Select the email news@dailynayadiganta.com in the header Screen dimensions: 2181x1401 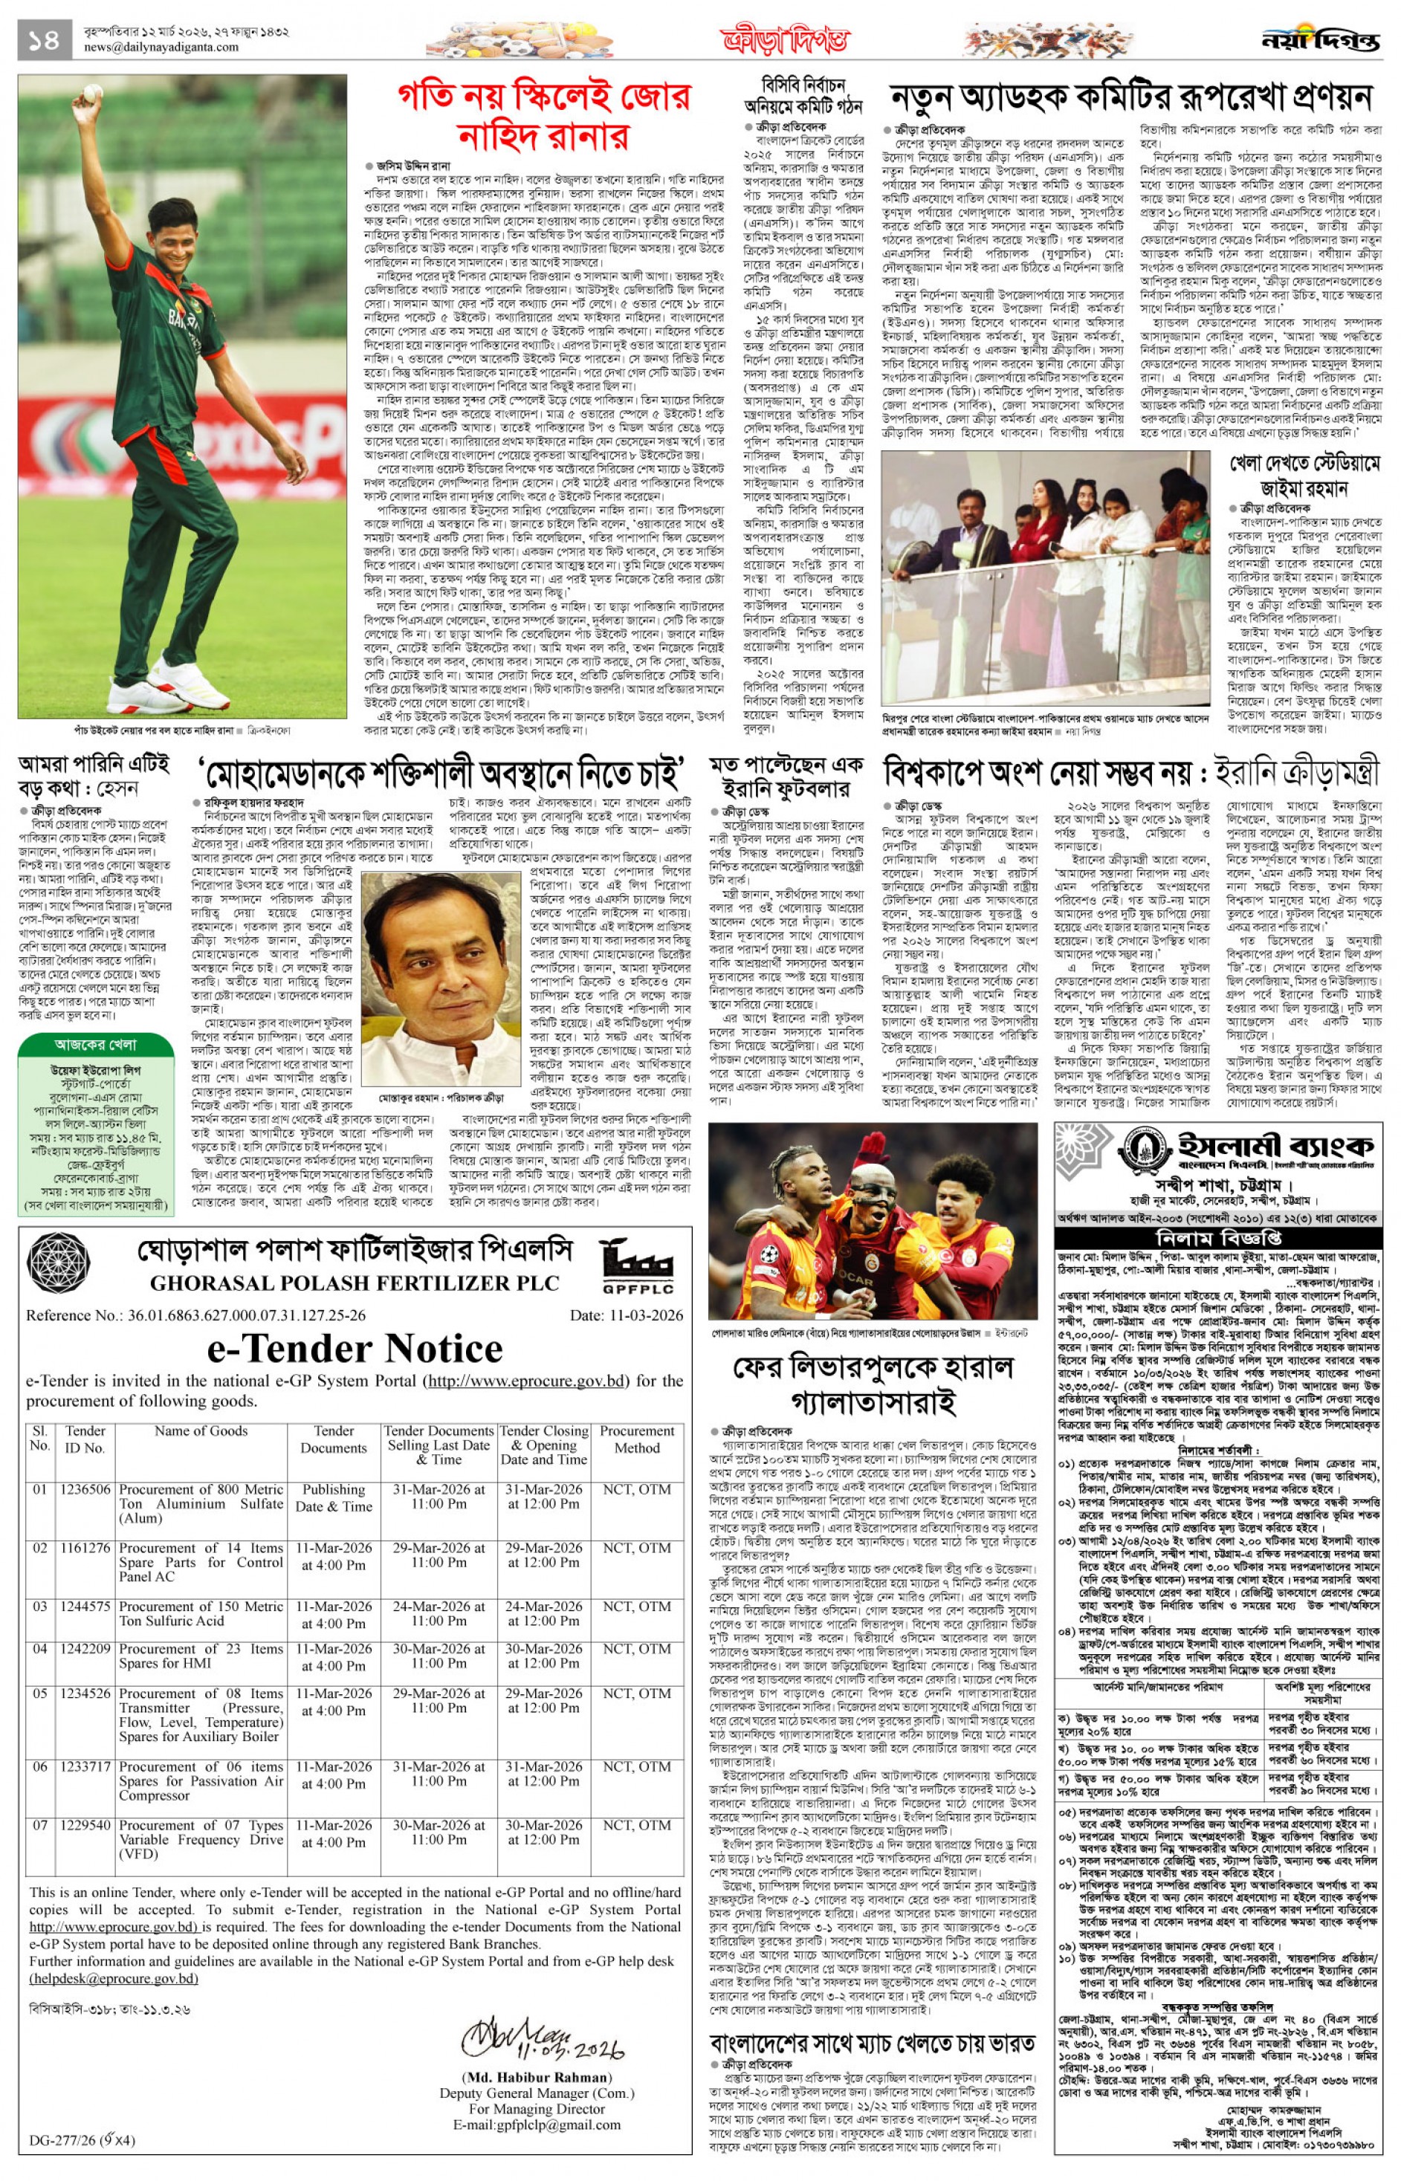coord(161,48)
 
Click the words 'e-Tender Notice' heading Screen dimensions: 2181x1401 coord(355,1348)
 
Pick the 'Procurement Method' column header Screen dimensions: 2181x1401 coord(637,1439)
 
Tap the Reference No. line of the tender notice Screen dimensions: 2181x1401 coord(196,1315)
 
